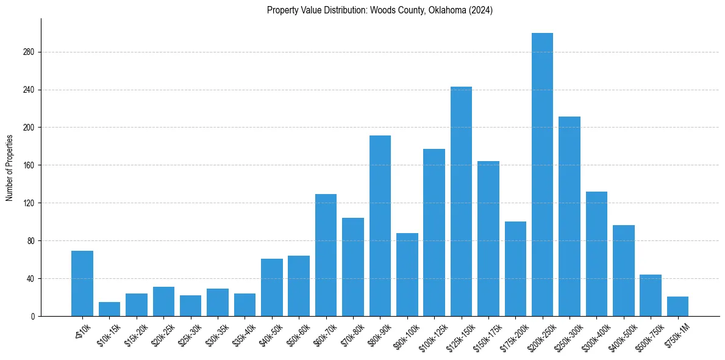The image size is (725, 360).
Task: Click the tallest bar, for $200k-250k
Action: [x=542, y=175]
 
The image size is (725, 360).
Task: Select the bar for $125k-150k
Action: [x=461, y=201]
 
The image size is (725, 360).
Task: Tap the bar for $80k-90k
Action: [x=380, y=226]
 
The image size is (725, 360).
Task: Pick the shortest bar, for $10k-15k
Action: [x=109, y=309]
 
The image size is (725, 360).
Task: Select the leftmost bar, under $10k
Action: [x=82, y=283]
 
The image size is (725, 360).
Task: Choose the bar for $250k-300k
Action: [x=569, y=216]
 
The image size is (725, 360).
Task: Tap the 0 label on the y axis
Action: [x=34, y=316]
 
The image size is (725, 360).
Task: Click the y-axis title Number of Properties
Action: [x=9, y=167]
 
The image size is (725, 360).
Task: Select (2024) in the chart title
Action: [x=480, y=10]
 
